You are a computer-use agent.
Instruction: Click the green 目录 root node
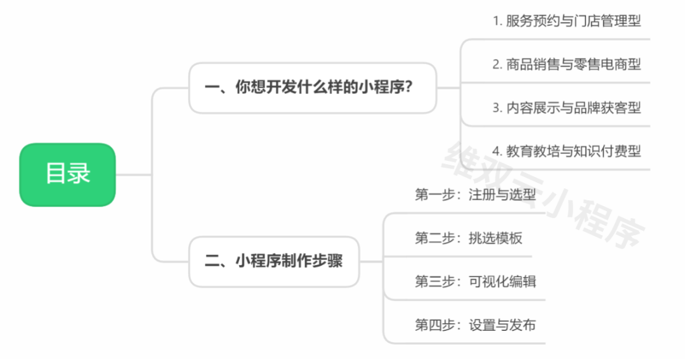point(67,174)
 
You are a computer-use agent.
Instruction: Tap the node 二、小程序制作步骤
point(274,261)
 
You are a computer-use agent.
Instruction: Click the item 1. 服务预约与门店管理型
point(567,21)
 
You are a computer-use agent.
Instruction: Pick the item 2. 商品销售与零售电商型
point(567,64)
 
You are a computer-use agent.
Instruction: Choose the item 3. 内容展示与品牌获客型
point(567,108)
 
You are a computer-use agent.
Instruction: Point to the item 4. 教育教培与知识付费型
point(567,151)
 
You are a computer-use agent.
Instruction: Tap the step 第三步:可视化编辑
point(476,281)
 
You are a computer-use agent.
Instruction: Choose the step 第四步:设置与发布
point(476,325)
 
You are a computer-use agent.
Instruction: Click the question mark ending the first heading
point(409,87)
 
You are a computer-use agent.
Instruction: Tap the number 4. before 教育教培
point(497,151)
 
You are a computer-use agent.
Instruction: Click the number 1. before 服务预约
point(497,21)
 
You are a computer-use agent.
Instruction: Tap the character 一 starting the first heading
point(212,87)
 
